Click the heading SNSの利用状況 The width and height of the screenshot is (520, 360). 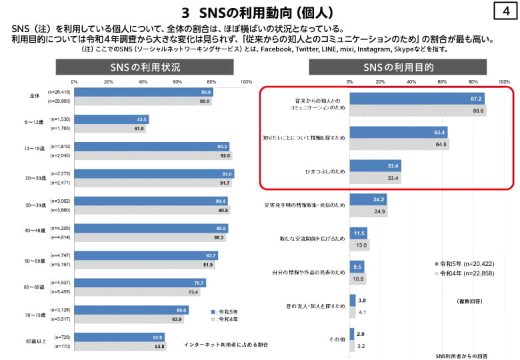click(145, 67)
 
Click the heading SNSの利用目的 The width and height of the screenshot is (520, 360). click(399, 67)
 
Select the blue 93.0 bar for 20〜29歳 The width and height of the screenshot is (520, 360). click(154, 174)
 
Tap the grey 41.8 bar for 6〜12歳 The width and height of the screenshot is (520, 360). click(110, 129)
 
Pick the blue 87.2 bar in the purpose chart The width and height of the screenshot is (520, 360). click(417, 99)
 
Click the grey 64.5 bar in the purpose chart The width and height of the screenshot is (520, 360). click(399, 144)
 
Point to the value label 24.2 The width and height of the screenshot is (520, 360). click(379, 199)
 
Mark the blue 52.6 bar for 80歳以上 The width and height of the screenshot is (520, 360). click(119, 337)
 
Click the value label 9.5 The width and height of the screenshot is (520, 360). click(357, 267)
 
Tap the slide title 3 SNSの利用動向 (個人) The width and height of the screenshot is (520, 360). click(257, 13)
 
